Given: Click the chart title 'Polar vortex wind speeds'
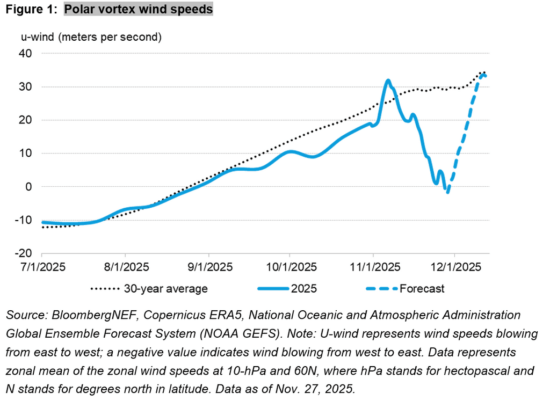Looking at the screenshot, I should (139, 10).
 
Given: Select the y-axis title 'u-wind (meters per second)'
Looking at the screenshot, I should (91, 38).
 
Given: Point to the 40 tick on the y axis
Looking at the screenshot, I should (26, 54).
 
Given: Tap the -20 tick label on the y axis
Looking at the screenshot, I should (24, 253).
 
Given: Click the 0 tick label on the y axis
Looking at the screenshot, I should (30, 187).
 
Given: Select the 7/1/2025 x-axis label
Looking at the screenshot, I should (42, 267).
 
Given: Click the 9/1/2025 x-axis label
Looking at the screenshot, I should (209, 267).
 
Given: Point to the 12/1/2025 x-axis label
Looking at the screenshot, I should (454, 267).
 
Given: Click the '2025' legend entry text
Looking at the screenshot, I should (304, 289).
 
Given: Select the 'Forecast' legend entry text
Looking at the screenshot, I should (422, 289).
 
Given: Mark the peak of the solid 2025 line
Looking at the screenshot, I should (388, 81).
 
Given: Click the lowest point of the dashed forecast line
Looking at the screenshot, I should (447, 192).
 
